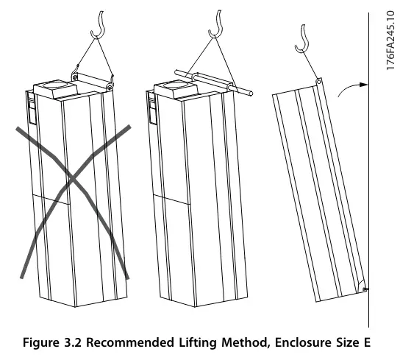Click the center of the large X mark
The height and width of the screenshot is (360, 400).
72,179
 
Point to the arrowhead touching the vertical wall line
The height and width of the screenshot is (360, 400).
364,85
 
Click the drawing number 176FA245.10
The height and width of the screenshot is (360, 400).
390,40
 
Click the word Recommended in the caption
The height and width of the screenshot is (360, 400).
130,342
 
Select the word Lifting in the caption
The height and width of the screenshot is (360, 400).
198,342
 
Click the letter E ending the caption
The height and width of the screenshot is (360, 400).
367,342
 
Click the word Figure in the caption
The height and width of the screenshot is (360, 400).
41,342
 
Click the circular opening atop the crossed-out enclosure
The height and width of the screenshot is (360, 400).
55,85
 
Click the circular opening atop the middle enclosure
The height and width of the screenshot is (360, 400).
176,85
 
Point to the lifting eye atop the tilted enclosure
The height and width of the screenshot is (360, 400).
318,82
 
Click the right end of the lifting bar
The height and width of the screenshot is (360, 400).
251,93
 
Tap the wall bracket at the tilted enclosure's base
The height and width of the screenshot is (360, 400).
365,289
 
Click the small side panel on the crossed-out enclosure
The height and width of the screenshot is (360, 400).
32,108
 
